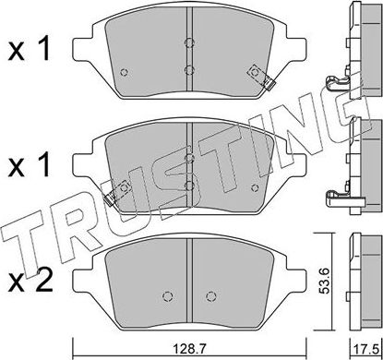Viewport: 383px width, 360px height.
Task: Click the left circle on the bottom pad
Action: [166, 295]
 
